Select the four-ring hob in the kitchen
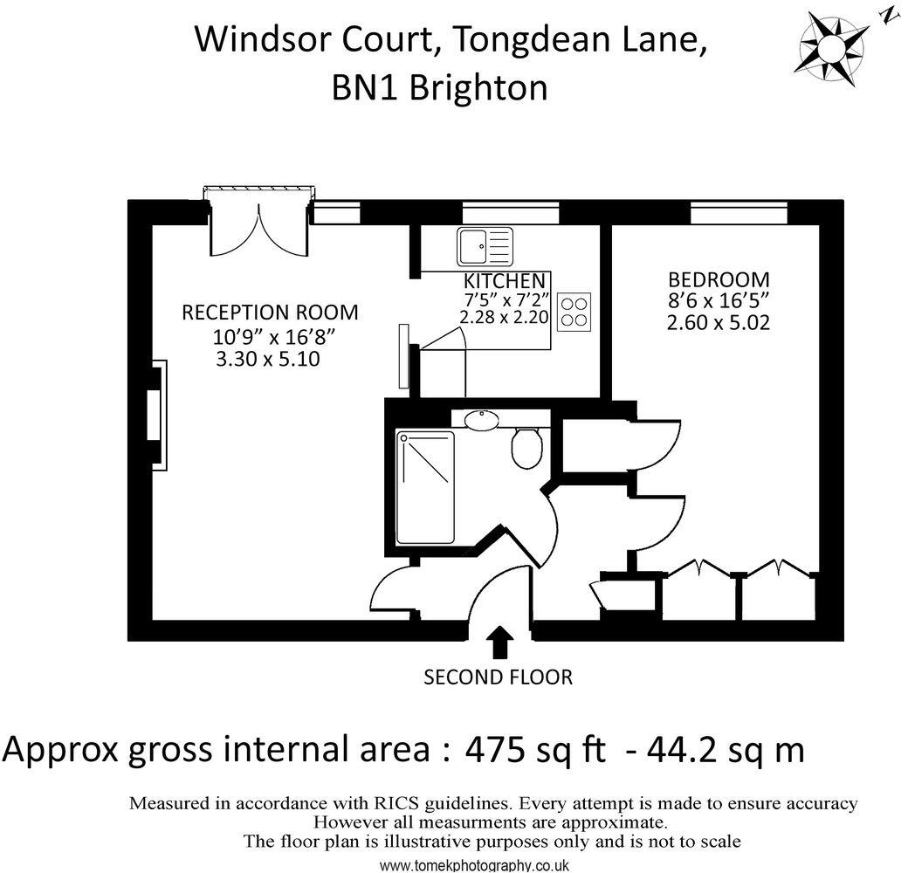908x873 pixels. pyautogui.click(x=574, y=311)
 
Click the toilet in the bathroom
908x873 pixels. pyautogui.click(x=526, y=447)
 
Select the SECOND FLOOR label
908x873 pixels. pyautogui.click(x=498, y=677)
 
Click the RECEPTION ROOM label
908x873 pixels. pyautogui.click(x=269, y=313)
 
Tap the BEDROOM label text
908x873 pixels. pyautogui.click(x=719, y=280)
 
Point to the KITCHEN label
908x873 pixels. pyautogui.click(x=505, y=281)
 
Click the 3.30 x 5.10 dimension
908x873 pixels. pyautogui.click(x=267, y=358)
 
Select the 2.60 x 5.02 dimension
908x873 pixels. pyautogui.click(x=718, y=322)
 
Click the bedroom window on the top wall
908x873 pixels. pyautogui.click(x=739, y=212)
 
